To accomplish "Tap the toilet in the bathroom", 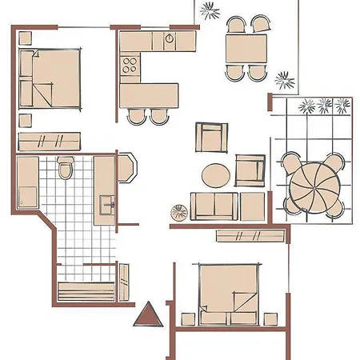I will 66,169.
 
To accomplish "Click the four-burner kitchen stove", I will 130,64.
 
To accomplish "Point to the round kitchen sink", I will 170,39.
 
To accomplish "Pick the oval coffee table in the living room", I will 215,174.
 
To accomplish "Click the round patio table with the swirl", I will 313,183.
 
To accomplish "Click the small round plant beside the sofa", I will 178,212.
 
